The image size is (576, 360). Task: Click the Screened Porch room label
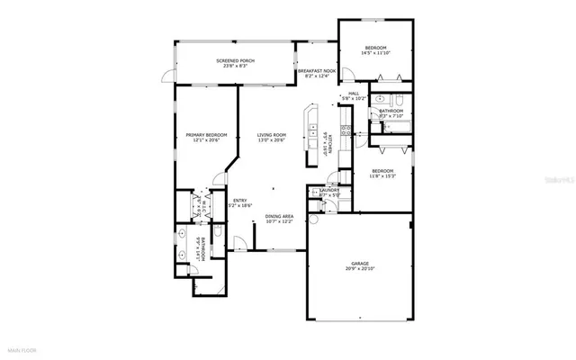coord(235,63)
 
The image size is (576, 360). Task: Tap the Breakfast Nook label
coord(316,73)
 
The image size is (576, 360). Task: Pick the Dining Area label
coord(279,219)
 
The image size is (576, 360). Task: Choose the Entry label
coord(240,203)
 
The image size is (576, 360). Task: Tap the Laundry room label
coord(328,192)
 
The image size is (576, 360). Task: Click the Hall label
coord(354,94)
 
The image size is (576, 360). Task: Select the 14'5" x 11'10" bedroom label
coord(375,50)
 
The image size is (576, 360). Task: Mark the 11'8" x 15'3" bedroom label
coord(383,174)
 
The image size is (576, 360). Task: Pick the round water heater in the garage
coord(315,220)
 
